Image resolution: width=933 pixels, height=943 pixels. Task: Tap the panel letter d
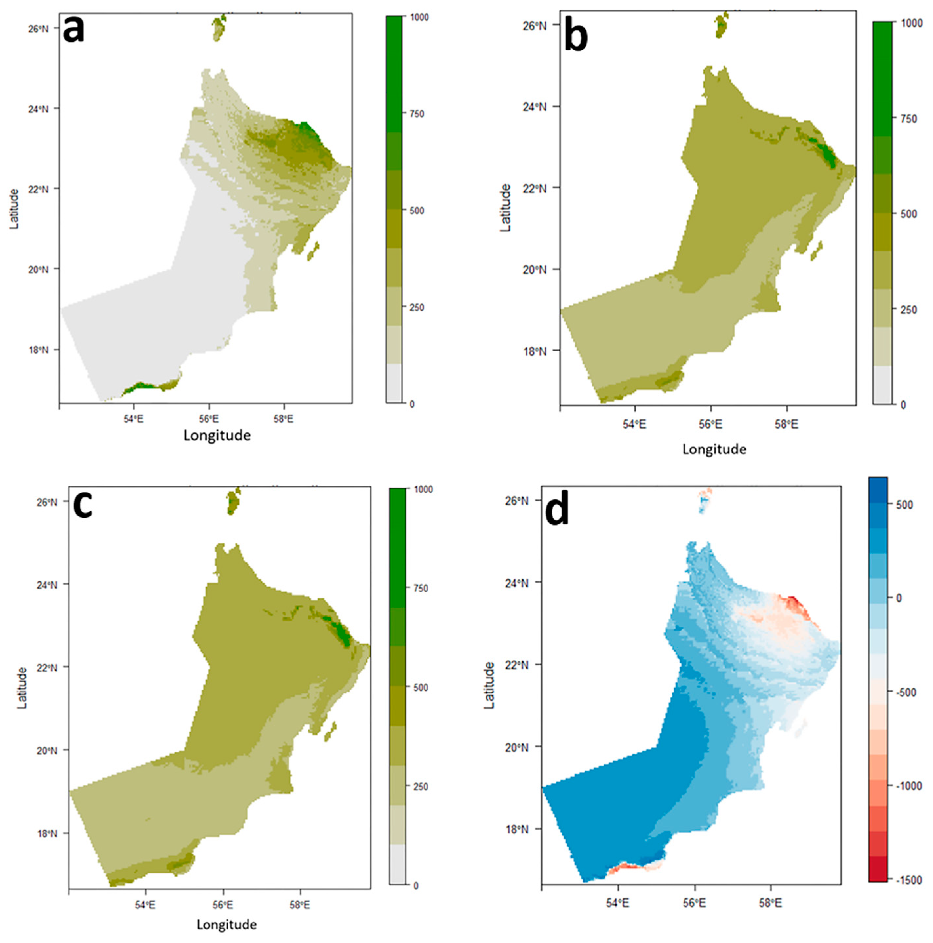tap(557, 512)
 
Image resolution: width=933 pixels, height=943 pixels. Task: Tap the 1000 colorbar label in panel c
tap(422, 490)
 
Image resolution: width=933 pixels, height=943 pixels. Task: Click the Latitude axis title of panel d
tap(489, 685)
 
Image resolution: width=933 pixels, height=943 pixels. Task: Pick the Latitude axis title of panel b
tap(506, 208)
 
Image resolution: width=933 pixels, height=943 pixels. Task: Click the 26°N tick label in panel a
tap(38, 28)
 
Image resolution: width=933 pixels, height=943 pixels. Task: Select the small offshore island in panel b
tap(816, 251)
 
